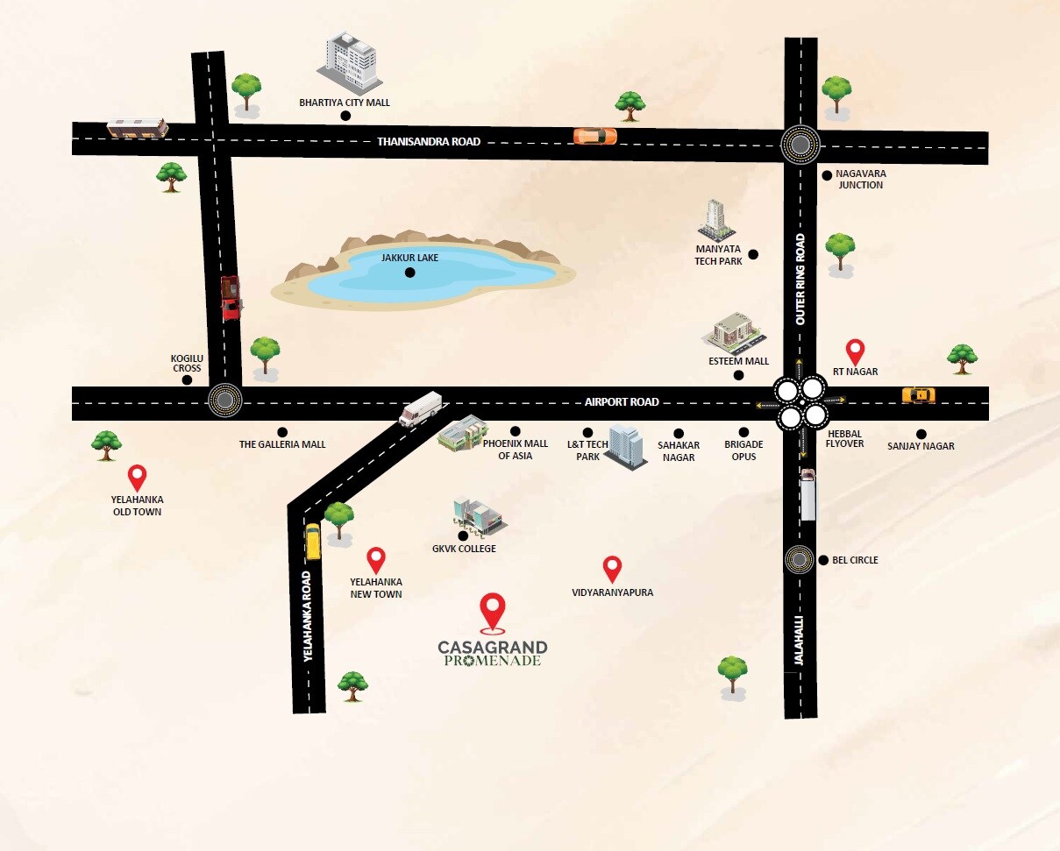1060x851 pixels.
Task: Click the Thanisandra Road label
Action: pyautogui.click(x=429, y=141)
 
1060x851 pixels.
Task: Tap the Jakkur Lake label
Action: pyautogui.click(x=409, y=258)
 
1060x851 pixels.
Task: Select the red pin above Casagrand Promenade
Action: pyautogui.click(x=494, y=611)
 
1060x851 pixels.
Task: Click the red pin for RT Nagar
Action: pyautogui.click(x=854, y=351)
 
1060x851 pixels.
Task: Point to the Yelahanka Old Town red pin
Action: pyautogui.click(x=137, y=478)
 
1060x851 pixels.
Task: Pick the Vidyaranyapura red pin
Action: pyautogui.click(x=612, y=569)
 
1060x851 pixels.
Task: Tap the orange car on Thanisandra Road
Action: pyautogui.click(x=595, y=136)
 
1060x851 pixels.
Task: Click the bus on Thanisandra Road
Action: pyautogui.click(x=138, y=128)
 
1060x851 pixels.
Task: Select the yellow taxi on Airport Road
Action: pyautogui.click(x=918, y=395)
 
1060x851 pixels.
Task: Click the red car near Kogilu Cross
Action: pyautogui.click(x=231, y=297)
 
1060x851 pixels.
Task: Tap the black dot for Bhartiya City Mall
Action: pyautogui.click(x=345, y=115)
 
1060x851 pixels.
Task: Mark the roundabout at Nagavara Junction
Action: pyautogui.click(x=800, y=144)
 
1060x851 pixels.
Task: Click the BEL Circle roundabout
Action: pyautogui.click(x=799, y=558)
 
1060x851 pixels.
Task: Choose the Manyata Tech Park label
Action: pyautogui.click(x=718, y=255)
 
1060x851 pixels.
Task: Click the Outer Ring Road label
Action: pyautogui.click(x=800, y=280)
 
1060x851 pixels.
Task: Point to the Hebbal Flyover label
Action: pyautogui.click(x=845, y=438)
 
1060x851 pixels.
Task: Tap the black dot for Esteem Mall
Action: pyautogui.click(x=738, y=375)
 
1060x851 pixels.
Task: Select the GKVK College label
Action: pyautogui.click(x=464, y=549)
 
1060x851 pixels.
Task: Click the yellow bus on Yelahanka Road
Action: pyautogui.click(x=313, y=541)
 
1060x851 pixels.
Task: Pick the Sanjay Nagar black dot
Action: pyautogui.click(x=921, y=434)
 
